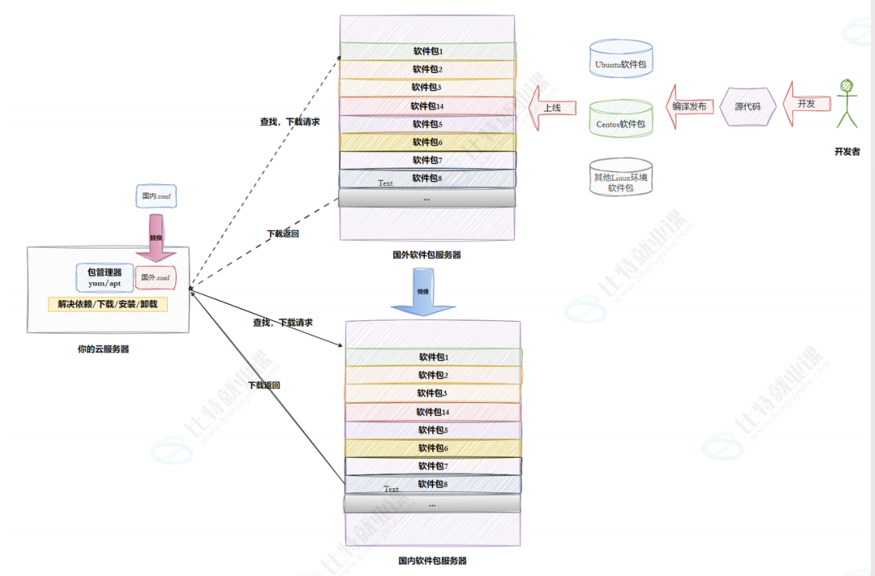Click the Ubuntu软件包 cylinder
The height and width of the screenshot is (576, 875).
[621, 59]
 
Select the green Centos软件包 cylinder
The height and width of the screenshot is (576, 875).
[621, 118]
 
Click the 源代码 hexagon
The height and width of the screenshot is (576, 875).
[746, 105]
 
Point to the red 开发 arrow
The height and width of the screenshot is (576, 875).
[805, 105]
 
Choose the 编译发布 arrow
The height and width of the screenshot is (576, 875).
[689, 106]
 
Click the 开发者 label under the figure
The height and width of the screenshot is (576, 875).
[847, 151]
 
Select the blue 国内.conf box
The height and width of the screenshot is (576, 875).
[156, 196]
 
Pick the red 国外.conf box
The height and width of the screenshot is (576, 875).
[155, 278]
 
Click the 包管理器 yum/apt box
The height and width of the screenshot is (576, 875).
[104, 278]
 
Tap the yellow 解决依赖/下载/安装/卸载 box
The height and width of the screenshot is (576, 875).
[108, 305]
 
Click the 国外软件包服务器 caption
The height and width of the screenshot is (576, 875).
[427, 254]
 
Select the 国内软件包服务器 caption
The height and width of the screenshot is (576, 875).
[432, 560]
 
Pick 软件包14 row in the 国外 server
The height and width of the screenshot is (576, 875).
[427, 106]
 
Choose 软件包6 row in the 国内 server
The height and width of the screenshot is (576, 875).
[433, 448]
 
